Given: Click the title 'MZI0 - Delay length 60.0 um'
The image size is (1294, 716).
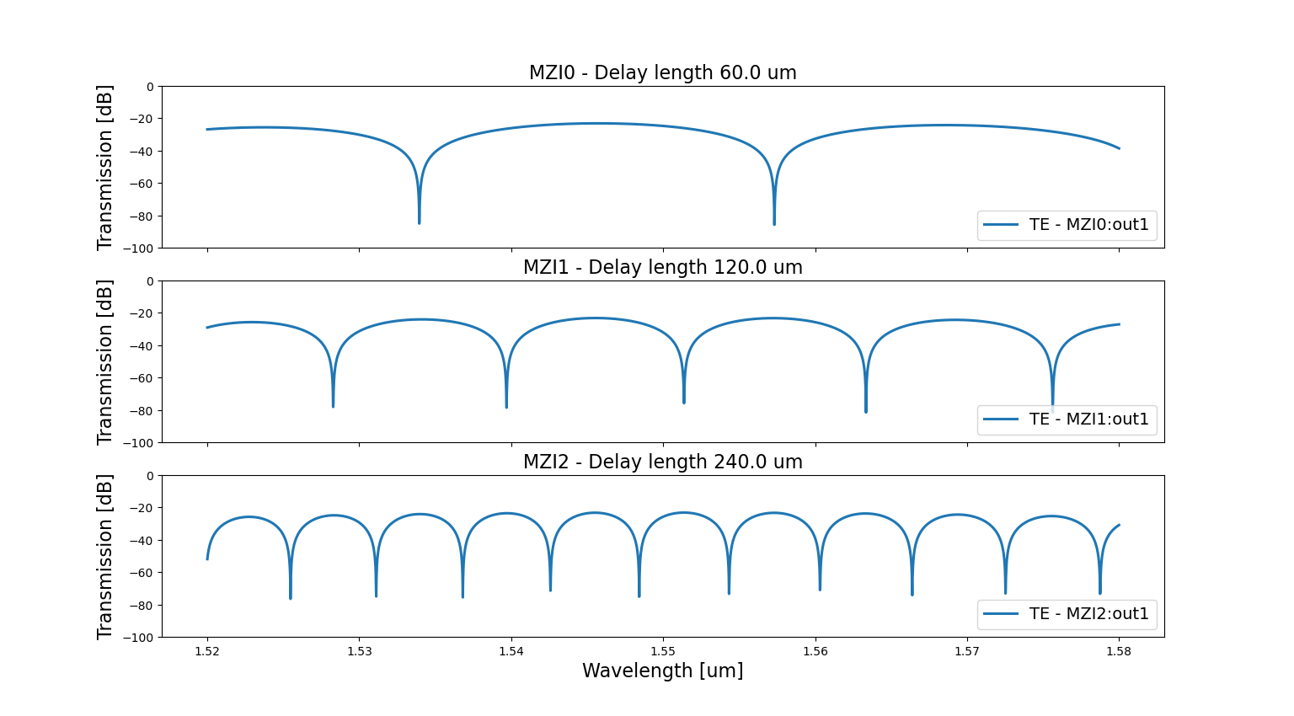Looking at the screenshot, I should (x=662, y=73).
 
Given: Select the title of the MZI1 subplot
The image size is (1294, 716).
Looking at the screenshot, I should (x=662, y=268).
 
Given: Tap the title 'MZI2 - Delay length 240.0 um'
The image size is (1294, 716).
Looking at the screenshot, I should (x=662, y=462).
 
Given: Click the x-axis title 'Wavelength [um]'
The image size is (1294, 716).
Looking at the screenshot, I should (x=662, y=671).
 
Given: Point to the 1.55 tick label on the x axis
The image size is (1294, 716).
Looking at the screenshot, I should (x=663, y=651).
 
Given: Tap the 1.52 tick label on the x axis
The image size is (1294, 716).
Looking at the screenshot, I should (x=207, y=651).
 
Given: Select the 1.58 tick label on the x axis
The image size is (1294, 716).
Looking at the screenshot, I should (x=1119, y=651).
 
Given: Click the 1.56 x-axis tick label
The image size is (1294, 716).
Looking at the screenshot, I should (x=815, y=651).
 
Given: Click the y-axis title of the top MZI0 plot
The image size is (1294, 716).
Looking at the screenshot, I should (x=104, y=167).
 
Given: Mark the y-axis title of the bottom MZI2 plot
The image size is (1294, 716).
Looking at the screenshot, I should (x=104, y=556).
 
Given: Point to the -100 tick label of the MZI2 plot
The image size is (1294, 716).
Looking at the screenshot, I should (x=138, y=638).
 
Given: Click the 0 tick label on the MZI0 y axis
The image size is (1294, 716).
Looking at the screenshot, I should (x=150, y=87).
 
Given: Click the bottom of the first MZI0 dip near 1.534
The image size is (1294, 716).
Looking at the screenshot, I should (x=419, y=222).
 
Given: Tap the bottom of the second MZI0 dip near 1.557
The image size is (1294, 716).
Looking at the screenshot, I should (x=774, y=224).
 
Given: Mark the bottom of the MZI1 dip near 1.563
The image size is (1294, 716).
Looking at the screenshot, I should (x=866, y=411).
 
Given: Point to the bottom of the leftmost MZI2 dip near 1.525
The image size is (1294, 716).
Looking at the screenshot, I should (x=291, y=598).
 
